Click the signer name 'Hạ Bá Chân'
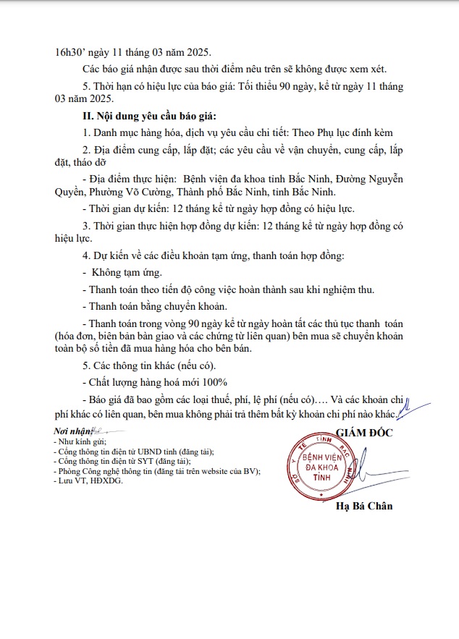pyautogui.click(x=364, y=506)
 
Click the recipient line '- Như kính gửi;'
pyautogui.click(x=80, y=441)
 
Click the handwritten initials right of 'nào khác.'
pyautogui.click(x=405, y=410)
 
